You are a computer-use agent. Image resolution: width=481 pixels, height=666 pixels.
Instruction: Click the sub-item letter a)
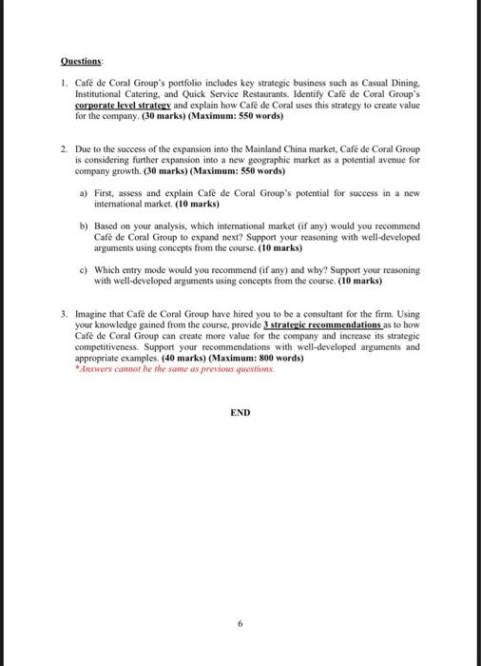click(85, 193)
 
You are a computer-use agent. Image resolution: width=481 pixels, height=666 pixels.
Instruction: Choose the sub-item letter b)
click(85, 226)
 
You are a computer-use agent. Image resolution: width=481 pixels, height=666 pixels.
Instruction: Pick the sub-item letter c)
click(85, 270)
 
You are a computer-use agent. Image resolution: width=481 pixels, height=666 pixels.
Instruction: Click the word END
click(240, 412)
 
